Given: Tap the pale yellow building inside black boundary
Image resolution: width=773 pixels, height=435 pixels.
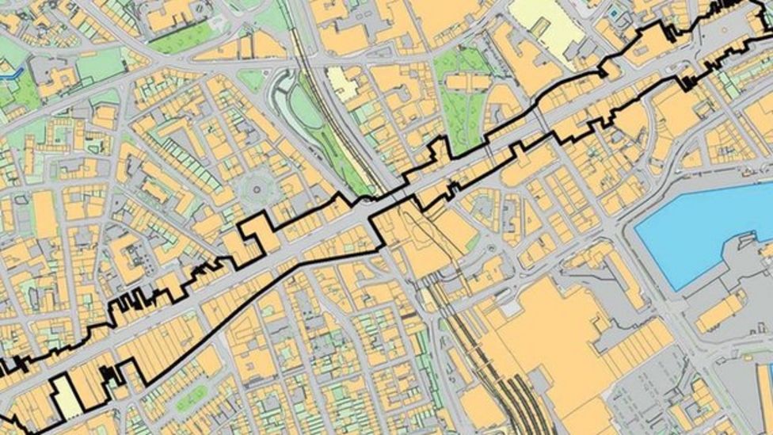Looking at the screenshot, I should (67, 396).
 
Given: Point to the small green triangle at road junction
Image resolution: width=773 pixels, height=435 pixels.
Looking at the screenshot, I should (252, 79).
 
